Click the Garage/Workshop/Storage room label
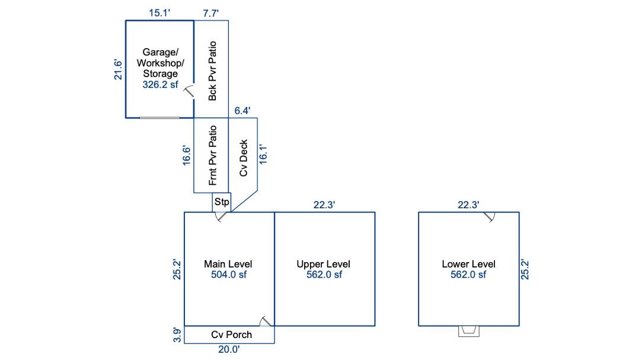click(x=160, y=63)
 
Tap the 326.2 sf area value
click(x=160, y=85)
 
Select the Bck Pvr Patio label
click(x=212, y=71)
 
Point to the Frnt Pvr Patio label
click(x=212, y=155)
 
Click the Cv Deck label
click(x=243, y=158)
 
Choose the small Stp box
click(x=222, y=202)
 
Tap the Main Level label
click(x=228, y=264)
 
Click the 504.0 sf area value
click(x=228, y=275)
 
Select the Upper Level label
click(x=324, y=264)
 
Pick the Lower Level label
click(x=468, y=264)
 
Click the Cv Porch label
click(x=231, y=334)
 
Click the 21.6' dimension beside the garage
click(x=118, y=69)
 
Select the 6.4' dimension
click(x=242, y=110)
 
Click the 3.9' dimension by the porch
click(x=176, y=334)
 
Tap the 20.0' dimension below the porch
click(x=228, y=350)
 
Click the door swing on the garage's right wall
click(x=189, y=91)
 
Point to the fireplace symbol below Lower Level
click(x=469, y=331)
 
